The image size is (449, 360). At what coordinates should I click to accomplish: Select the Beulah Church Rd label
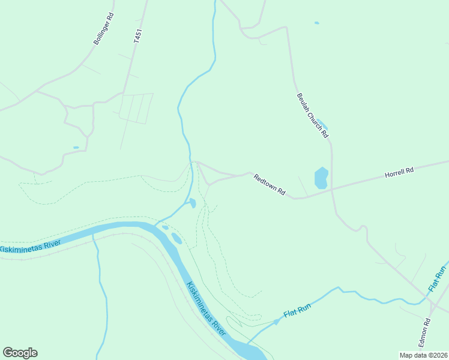tap(312, 115)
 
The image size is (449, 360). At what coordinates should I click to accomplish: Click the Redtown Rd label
tap(269, 184)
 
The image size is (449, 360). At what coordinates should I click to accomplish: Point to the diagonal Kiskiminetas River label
tap(206, 308)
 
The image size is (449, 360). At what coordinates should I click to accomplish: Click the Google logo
tap(20, 353)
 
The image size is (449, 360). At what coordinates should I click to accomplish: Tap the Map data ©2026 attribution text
tap(423, 355)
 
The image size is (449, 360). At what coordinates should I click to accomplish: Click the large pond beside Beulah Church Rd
tap(321, 178)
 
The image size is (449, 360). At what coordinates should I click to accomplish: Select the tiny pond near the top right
tap(316, 23)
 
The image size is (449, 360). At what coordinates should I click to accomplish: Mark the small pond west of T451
tap(76, 147)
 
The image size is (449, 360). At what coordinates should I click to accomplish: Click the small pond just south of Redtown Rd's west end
tap(192, 203)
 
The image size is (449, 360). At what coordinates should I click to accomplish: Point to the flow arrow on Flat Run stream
tap(277, 321)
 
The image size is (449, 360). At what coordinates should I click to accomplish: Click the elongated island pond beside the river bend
tap(176, 238)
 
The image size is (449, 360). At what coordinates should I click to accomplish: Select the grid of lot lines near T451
tap(135, 108)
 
